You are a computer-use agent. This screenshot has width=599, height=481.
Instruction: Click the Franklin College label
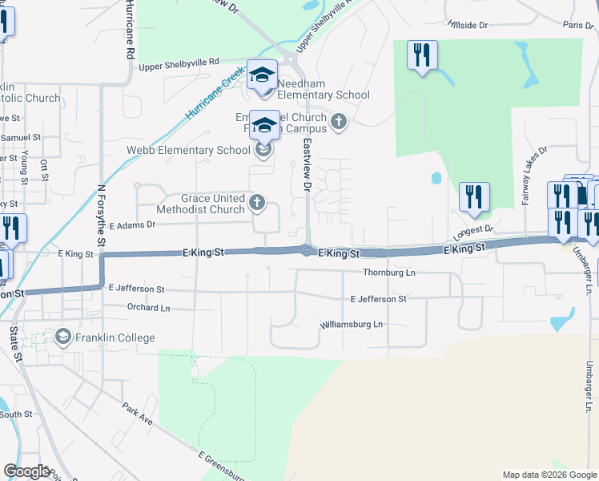[x=115, y=338]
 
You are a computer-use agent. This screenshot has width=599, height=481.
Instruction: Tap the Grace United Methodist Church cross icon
[x=257, y=202]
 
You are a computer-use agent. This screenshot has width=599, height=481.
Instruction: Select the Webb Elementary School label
[x=188, y=150]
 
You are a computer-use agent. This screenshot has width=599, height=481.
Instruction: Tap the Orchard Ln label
[x=149, y=307]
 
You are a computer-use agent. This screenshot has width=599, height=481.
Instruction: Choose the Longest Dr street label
[x=473, y=230]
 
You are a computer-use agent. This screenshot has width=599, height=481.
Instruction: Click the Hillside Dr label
[x=468, y=26]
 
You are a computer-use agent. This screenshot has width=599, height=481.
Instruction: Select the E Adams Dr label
[x=132, y=226]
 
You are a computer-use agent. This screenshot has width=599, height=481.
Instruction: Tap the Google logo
[x=27, y=471]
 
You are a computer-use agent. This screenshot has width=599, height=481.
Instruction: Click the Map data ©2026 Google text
[x=549, y=475]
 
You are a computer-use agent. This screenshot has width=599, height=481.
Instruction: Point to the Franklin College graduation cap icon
[x=62, y=337]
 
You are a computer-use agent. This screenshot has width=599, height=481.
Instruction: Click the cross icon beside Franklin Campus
[x=339, y=123]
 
